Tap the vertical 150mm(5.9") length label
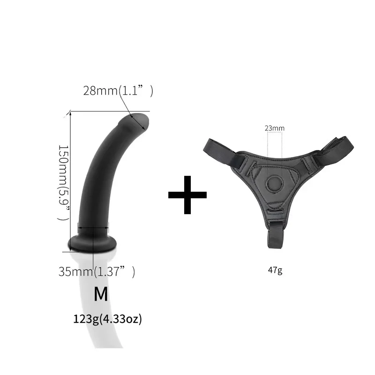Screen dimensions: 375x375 tap(63, 183)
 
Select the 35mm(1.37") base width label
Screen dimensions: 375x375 tap(97, 271)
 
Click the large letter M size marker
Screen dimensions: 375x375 tap(101, 294)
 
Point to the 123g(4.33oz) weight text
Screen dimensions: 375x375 tap(107, 320)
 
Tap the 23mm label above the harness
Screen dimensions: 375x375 tap(274, 127)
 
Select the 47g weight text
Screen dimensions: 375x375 tap(275, 270)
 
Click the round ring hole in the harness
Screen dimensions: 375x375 tap(274, 182)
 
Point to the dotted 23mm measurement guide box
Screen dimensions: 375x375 tap(274, 145)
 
